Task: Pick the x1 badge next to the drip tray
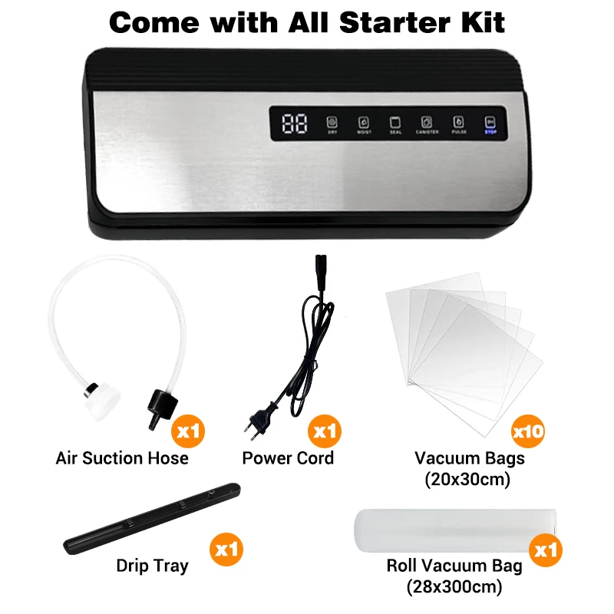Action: [227, 550]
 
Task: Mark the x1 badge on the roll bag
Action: [546, 550]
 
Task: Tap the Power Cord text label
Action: [288, 458]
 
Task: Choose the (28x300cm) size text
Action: [454, 588]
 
